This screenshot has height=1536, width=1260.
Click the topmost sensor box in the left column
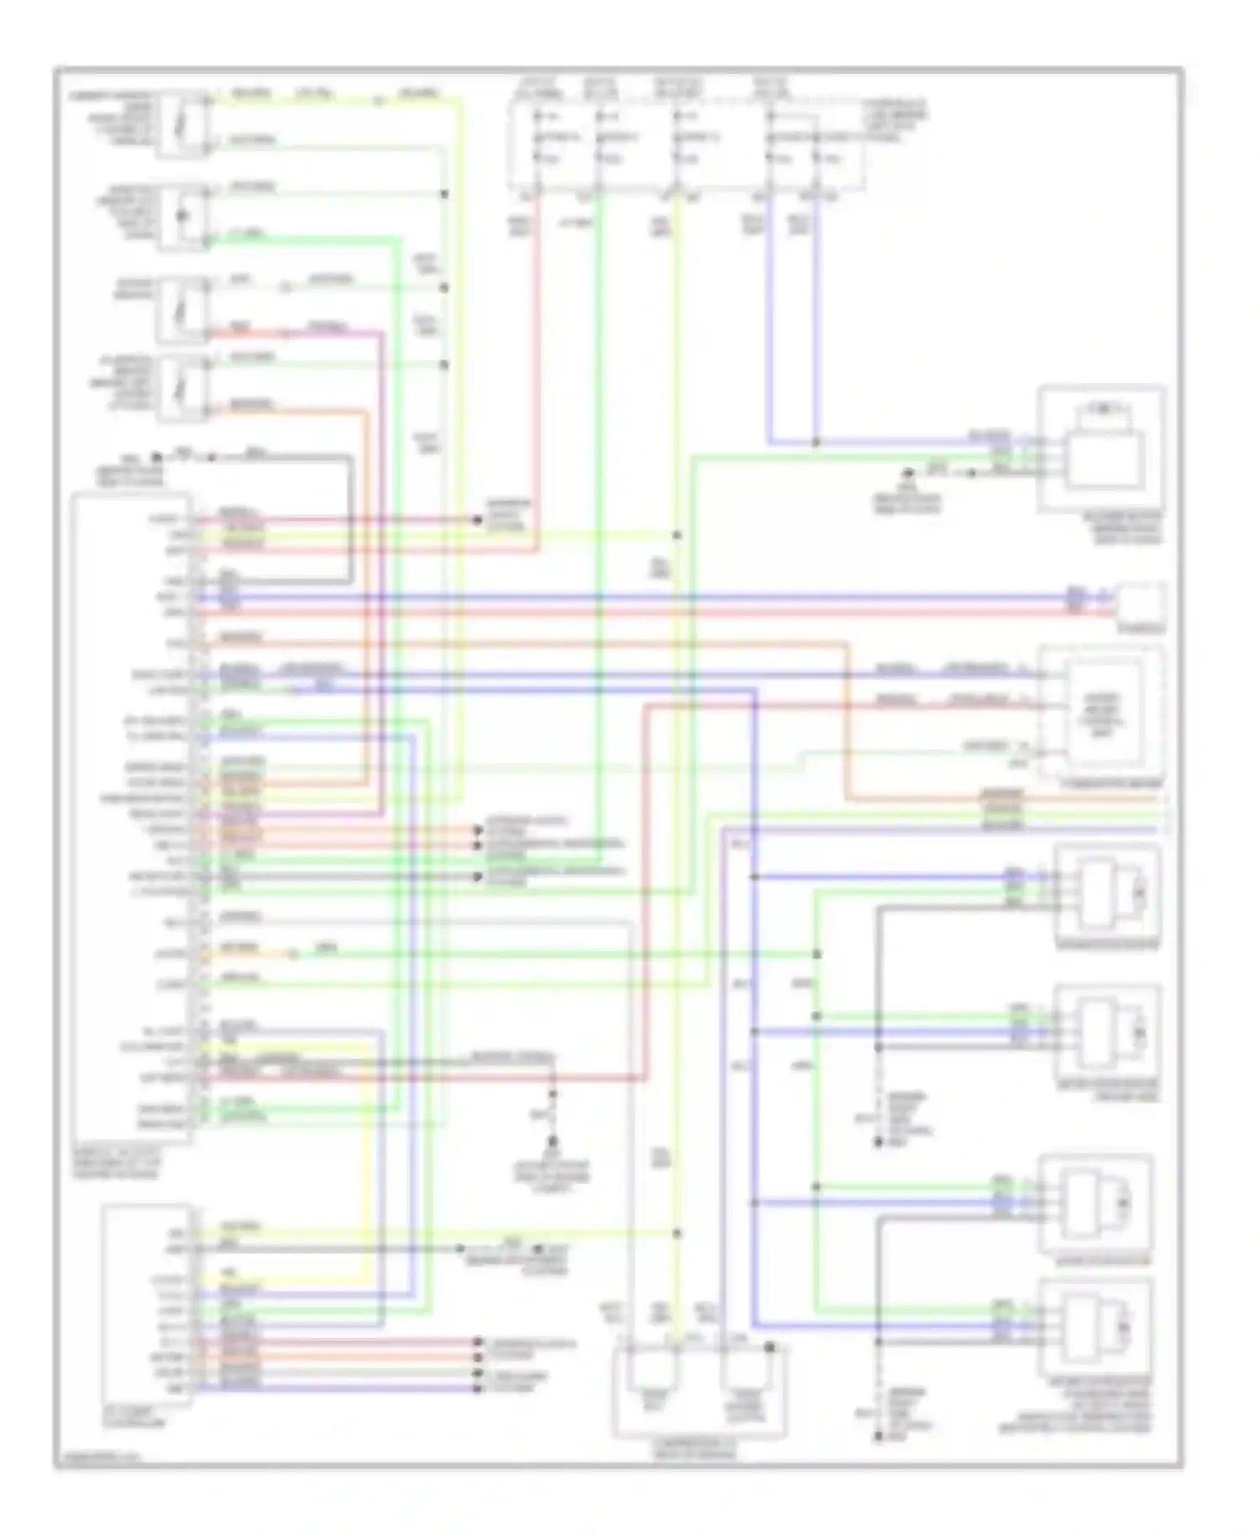[183, 124]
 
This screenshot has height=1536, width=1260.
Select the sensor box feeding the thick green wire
[183, 217]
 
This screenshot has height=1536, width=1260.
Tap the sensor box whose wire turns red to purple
[183, 309]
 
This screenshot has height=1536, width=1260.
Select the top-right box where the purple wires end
[1101, 450]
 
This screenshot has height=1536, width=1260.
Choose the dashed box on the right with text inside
[1102, 714]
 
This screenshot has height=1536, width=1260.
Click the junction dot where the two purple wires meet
[816, 442]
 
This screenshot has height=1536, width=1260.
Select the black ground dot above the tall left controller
[156, 458]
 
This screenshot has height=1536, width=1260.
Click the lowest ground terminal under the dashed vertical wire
[879, 1437]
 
